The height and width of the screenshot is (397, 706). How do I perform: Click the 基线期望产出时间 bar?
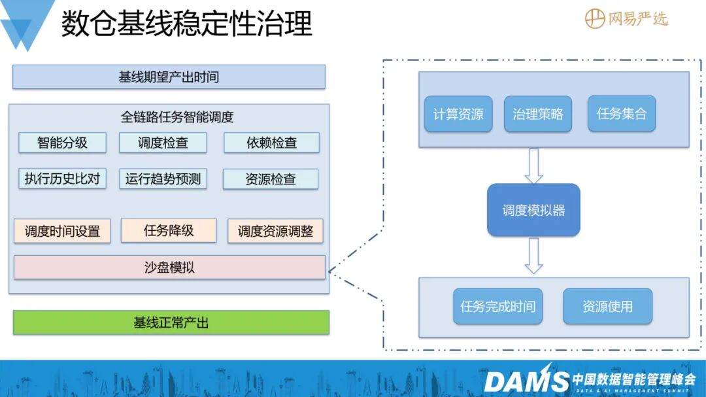(x=169, y=77)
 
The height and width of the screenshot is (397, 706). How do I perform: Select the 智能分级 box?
(x=62, y=143)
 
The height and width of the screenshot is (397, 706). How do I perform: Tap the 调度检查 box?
(x=163, y=143)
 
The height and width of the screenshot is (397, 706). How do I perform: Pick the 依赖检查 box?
(x=271, y=143)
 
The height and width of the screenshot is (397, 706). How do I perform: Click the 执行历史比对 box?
(x=62, y=179)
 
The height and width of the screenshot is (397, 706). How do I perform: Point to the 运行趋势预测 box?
(x=163, y=179)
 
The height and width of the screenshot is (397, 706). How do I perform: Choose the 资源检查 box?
(x=271, y=179)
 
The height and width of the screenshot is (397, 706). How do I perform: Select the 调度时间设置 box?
(x=62, y=231)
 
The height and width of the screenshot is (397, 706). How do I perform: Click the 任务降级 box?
(x=169, y=230)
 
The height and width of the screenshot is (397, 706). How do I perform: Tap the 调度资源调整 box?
(x=275, y=231)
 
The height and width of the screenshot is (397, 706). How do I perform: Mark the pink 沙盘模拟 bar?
(x=169, y=268)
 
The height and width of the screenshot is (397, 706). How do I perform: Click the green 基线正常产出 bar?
(x=171, y=322)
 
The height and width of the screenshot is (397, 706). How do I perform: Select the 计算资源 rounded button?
(x=458, y=114)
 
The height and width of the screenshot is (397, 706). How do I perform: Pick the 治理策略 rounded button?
(x=537, y=114)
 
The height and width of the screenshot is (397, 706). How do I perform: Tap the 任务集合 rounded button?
(x=622, y=114)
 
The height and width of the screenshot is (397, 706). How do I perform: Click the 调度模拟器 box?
(x=533, y=210)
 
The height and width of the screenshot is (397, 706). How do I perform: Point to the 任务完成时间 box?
(x=497, y=307)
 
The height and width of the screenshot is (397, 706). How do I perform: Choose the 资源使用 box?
(x=607, y=307)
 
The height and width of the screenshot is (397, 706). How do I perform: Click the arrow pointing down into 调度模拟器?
(x=534, y=166)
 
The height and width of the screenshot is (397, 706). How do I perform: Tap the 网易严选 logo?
(x=626, y=19)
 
